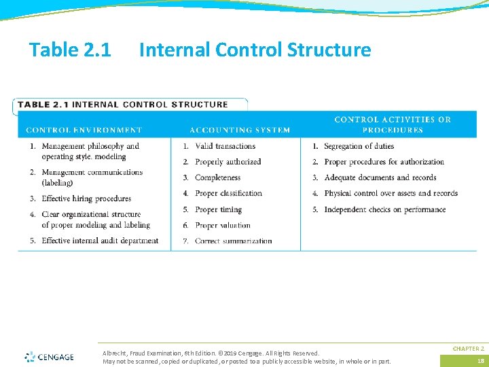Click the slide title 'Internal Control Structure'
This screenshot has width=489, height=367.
(255, 50)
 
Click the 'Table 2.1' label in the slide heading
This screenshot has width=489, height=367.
(71, 50)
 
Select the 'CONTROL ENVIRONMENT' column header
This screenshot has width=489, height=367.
(84, 130)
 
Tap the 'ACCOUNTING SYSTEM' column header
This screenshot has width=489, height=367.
(240, 130)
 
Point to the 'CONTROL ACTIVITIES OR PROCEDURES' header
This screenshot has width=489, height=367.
(393, 124)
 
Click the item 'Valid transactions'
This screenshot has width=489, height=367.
(225, 146)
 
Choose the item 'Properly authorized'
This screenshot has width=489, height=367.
(228, 162)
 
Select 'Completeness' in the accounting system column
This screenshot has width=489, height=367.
(217, 177)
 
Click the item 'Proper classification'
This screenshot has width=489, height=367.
(228, 194)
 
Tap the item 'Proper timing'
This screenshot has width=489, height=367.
(218, 209)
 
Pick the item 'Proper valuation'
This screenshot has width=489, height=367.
(222, 225)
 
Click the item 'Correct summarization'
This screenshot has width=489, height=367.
(233, 241)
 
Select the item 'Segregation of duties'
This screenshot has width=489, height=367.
(359, 146)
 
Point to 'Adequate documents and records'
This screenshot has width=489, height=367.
(380, 177)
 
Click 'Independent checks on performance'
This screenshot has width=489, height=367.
(384, 209)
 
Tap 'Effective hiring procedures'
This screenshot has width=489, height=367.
(86, 198)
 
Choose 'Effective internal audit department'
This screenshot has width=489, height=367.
(100, 241)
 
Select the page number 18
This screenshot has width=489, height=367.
(479, 361)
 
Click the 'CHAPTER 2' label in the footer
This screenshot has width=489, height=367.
(469, 348)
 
